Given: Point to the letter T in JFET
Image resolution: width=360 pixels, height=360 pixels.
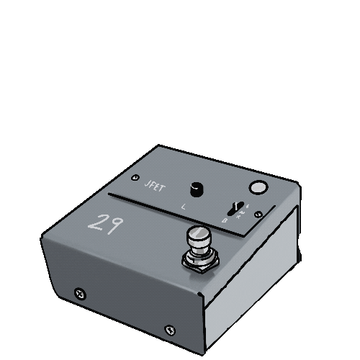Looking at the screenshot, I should pos(163,189).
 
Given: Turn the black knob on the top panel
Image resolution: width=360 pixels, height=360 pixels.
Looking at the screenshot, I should pos(196,189).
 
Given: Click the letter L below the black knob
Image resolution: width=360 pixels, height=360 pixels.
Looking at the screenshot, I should pos(184,207).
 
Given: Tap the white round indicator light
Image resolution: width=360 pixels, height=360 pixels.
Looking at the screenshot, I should pos(257,188).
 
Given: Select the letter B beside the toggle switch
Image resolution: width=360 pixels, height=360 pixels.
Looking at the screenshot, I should pos(225,221).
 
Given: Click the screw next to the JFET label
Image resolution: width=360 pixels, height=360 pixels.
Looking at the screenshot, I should pos(135,177).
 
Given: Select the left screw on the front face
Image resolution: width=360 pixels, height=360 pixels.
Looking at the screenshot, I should pos(80,293).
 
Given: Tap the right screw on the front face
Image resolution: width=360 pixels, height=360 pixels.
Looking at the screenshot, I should pos(170,330).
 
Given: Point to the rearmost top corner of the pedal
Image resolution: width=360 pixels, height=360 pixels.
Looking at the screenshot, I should pos(158,145).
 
